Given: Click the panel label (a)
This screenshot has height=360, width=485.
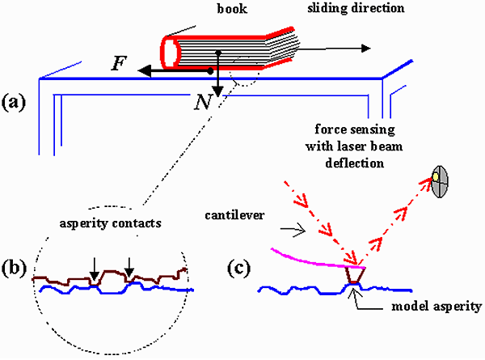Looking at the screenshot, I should click(x=17, y=102).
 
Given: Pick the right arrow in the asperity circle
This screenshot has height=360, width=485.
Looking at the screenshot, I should click(x=128, y=265).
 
